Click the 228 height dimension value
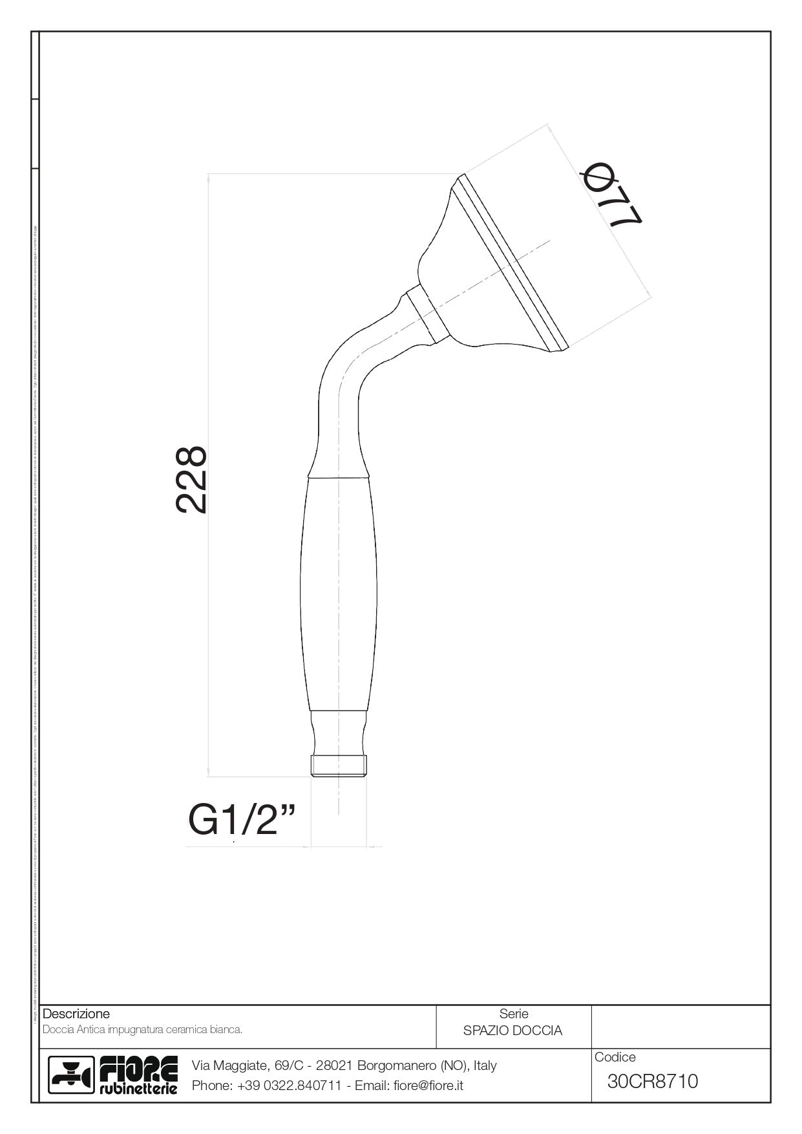(x=192, y=480)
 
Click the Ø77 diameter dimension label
(x=611, y=196)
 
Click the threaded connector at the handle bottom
(x=339, y=765)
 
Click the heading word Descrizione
(x=76, y=1014)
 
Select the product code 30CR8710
(x=653, y=1081)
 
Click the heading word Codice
(x=615, y=1057)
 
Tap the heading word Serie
(x=514, y=1014)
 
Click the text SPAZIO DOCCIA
(x=512, y=1031)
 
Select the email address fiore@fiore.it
(x=428, y=1086)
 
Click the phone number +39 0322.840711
(x=289, y=1086)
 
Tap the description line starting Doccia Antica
(x=142, y=1029)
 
